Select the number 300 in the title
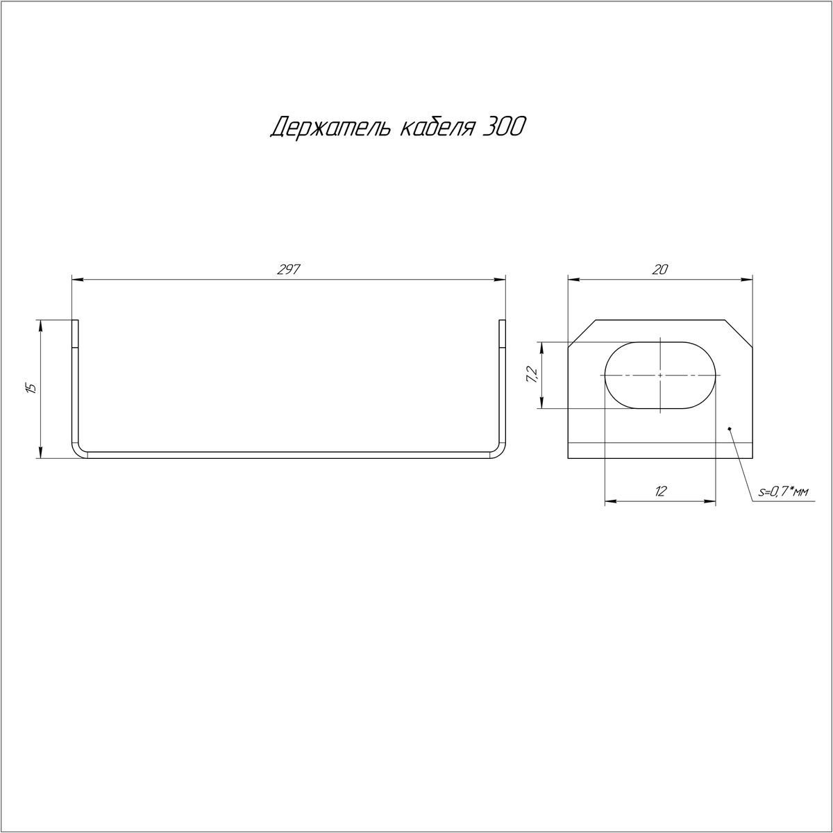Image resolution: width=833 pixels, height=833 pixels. [x=503, y=127]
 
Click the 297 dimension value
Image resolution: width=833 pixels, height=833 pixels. [x=288, y=269]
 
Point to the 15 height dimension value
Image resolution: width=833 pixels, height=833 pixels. [x=31, y=388]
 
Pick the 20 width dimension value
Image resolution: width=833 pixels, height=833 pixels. [x=660, y=269]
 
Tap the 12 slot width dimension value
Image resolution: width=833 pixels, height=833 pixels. [x=661, y=491]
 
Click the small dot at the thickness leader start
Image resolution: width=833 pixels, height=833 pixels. [x=730, y=429]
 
